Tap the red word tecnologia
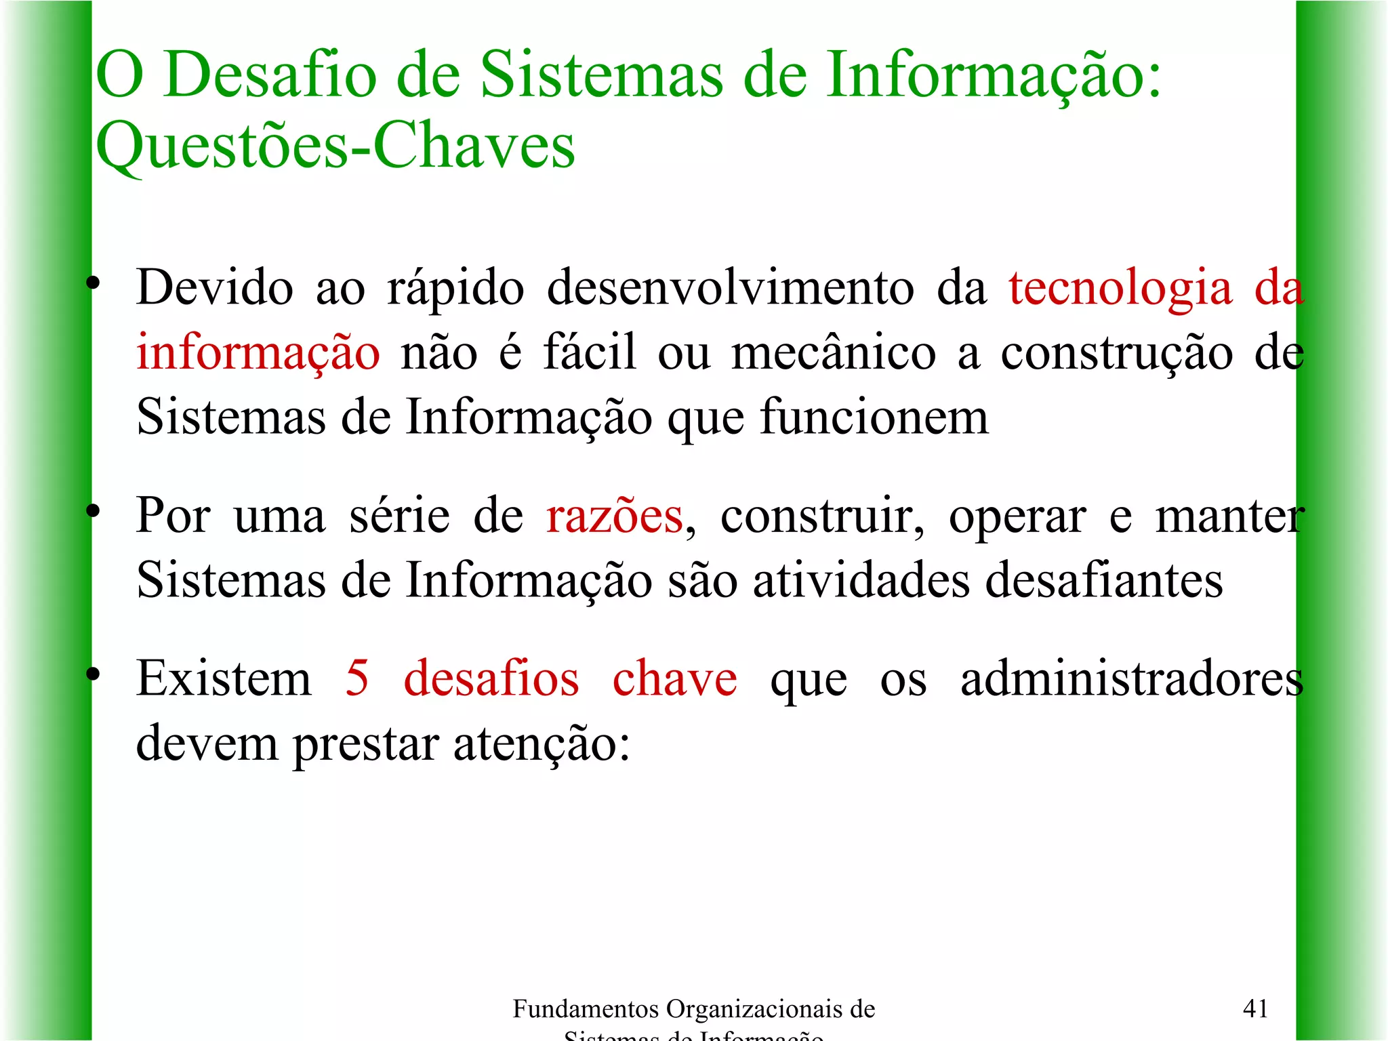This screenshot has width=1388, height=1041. click(1120, 289)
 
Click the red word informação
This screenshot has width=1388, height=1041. click(258, 353)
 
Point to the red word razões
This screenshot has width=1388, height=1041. click(615, 516)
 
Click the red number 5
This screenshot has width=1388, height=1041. click(357, 678)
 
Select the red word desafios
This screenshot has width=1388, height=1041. click(491, 678)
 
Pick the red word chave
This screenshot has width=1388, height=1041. click(675, 678)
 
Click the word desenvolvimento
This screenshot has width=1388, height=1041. click(731, 289)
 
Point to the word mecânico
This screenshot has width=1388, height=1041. click(834, 353)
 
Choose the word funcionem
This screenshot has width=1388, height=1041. click(874, 417)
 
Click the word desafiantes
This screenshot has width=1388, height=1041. click(1104, 581)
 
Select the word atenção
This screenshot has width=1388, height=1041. click(542, 744)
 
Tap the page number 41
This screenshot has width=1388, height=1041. click(1255, 1009)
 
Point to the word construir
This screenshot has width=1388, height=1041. click(821, 516)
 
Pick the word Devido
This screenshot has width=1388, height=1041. click(215, 289)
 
